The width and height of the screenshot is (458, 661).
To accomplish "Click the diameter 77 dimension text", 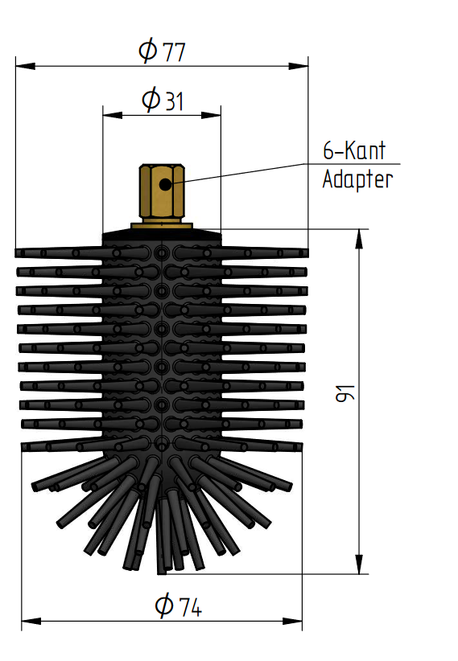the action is [x=162, y=51].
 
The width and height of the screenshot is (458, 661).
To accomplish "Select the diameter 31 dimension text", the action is [x=163, y=100].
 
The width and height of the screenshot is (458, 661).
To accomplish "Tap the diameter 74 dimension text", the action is [x=178, y=606].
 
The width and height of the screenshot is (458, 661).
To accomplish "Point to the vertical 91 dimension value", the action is [x=345, y=393].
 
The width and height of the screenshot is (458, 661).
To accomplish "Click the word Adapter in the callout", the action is [x=357, y=179].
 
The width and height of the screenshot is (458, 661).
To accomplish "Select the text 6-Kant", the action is [x=354, y=150].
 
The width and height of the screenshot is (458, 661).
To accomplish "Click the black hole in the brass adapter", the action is [x=165, y=184].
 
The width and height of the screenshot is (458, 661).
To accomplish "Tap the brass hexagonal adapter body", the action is [x=162, y=193].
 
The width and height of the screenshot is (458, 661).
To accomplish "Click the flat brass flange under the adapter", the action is [x=162, y=226].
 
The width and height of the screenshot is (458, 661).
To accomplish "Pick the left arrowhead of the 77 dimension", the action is [x=25, y=66].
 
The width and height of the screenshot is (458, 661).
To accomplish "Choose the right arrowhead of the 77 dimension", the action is [x=299, y=66].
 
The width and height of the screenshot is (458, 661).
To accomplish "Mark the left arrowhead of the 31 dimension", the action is [x=113, y=115].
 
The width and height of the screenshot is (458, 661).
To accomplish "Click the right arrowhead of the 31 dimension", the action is [x=211, y=115].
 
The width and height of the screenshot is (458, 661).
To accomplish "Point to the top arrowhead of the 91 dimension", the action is [x=359, y=239].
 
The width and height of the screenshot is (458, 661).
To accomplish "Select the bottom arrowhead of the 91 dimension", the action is [x=359, y=564].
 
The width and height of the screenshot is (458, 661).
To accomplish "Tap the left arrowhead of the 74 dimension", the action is [x=31, y=621].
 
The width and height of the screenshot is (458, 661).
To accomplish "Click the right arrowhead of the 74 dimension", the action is [x=292, y=621].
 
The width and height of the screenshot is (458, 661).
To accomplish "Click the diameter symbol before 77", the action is [x=148, y=50].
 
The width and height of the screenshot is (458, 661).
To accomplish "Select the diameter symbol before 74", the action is [x=163, y=605].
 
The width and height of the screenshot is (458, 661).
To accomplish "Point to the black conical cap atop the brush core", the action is [x=162, y=236].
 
